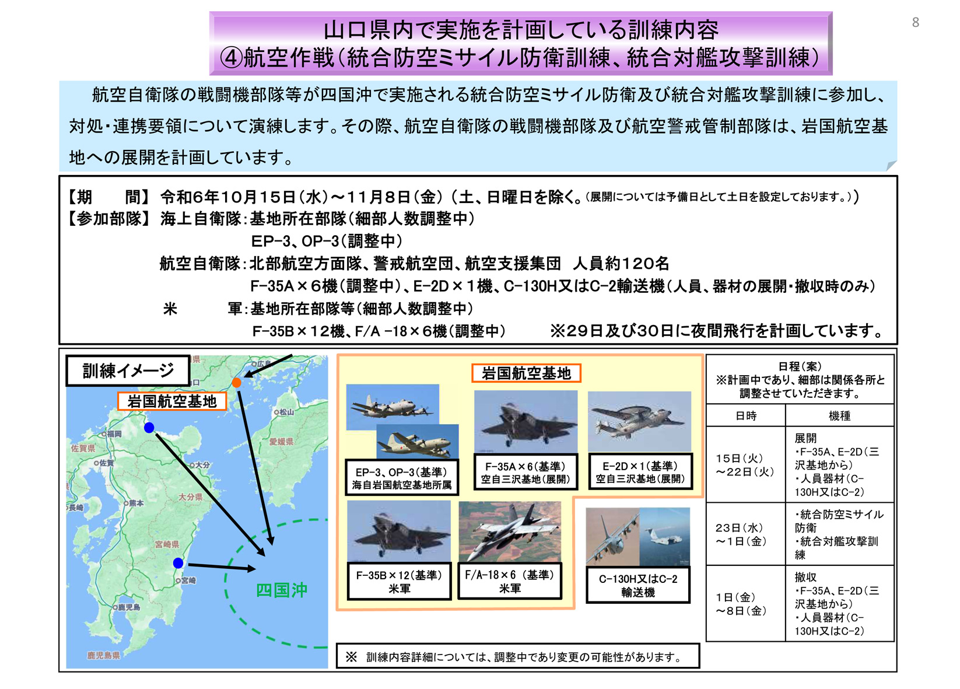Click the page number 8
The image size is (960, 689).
tap(915, 23)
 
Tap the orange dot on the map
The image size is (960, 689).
tap(236, 383)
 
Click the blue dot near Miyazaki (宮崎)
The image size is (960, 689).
tap(178, 563)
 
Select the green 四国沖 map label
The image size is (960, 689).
tap(281, 590)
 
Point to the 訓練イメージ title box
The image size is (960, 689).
tap(128, 371)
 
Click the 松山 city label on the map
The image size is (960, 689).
tap(285, 412)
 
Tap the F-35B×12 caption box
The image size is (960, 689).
tap(400, 582)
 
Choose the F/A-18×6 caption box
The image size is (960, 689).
tap(510, 581)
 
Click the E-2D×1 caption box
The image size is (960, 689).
tap(640, 472)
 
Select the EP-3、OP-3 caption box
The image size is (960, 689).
tap(401, 478)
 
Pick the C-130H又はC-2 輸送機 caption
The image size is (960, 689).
tap(638, 585)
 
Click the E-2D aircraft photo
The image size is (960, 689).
tap(639, 421)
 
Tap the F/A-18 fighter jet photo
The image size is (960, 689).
tap(510, 531)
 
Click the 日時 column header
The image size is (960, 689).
tap(746, 416)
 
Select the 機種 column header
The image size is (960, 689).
tap(839, 416)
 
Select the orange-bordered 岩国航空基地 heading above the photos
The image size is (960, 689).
tap(526, 373)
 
